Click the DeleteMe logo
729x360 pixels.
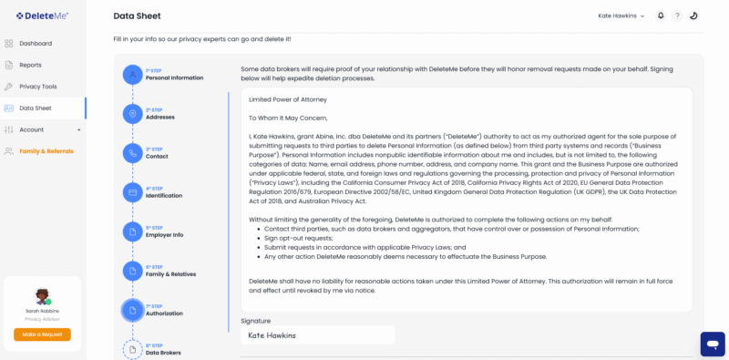pos(42,15)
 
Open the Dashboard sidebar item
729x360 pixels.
pos(36,44)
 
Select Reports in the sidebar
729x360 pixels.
pos(30,65)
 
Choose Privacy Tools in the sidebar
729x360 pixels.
pos(37,87)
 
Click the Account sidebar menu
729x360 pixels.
pos(32,129)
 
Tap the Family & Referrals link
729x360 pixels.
pos(46,151)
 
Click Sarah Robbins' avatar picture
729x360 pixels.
pos(42,297)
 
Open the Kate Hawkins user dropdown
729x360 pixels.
pos(621,15)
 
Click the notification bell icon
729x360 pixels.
pos(661,15)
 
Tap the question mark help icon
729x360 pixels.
pos(677,15)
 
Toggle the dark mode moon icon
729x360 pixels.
pos(693,15)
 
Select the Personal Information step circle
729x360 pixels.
pos(133,75)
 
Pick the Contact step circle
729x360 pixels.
pos(133,153)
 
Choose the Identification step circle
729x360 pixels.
pos(133,192)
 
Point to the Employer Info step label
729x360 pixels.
pos(164,235)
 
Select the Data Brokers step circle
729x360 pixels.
pos(133,349)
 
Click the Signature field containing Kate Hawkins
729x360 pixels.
pos(317,335)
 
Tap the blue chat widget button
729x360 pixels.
pos(713,344)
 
